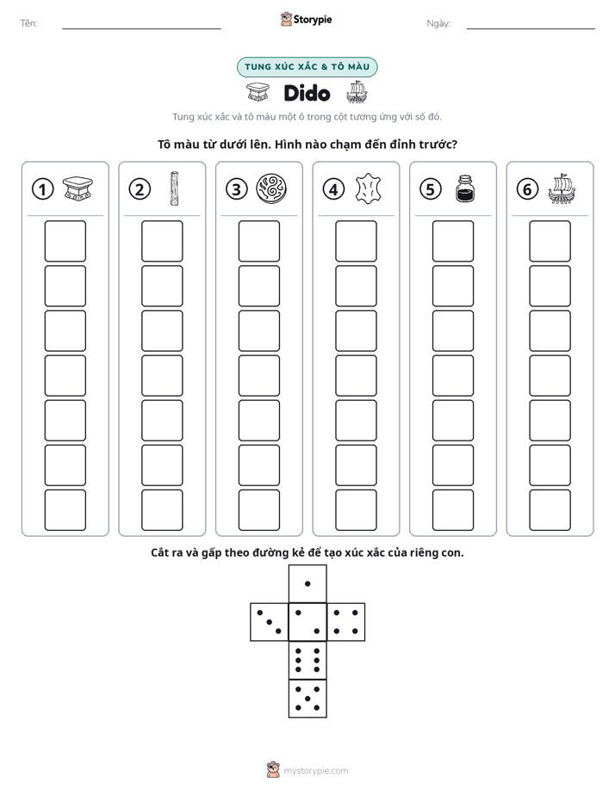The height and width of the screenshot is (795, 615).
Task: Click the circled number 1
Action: point(42,189)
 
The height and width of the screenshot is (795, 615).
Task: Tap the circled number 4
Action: point(333,189)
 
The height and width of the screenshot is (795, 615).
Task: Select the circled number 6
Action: point(527,189)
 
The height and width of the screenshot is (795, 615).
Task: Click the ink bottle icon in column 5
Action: point(465,188)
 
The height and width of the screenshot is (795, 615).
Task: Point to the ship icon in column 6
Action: point(562,188)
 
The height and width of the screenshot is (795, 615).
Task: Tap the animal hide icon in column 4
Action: point(368,188)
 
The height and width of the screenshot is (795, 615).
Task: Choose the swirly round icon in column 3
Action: point(271,188)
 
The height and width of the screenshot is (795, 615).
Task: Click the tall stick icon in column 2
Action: point(174,188)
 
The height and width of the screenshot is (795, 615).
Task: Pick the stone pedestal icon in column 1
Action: point(78,188)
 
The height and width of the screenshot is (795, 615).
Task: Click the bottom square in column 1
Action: point(65,510)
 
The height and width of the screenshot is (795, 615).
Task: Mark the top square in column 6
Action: point(550,241)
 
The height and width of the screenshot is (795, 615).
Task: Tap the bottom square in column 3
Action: point(258,510)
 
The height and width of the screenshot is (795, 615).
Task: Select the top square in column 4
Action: point(357,241)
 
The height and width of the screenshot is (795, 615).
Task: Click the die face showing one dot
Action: point(307,584)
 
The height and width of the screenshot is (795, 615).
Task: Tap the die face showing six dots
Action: point(307,660)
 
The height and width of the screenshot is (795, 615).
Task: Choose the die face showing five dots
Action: point(307,699)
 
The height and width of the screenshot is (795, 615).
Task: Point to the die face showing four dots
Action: point(346,622)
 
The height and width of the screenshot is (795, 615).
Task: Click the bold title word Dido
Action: point(307,93)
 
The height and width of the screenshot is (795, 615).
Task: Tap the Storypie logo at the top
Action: point(306,20)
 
